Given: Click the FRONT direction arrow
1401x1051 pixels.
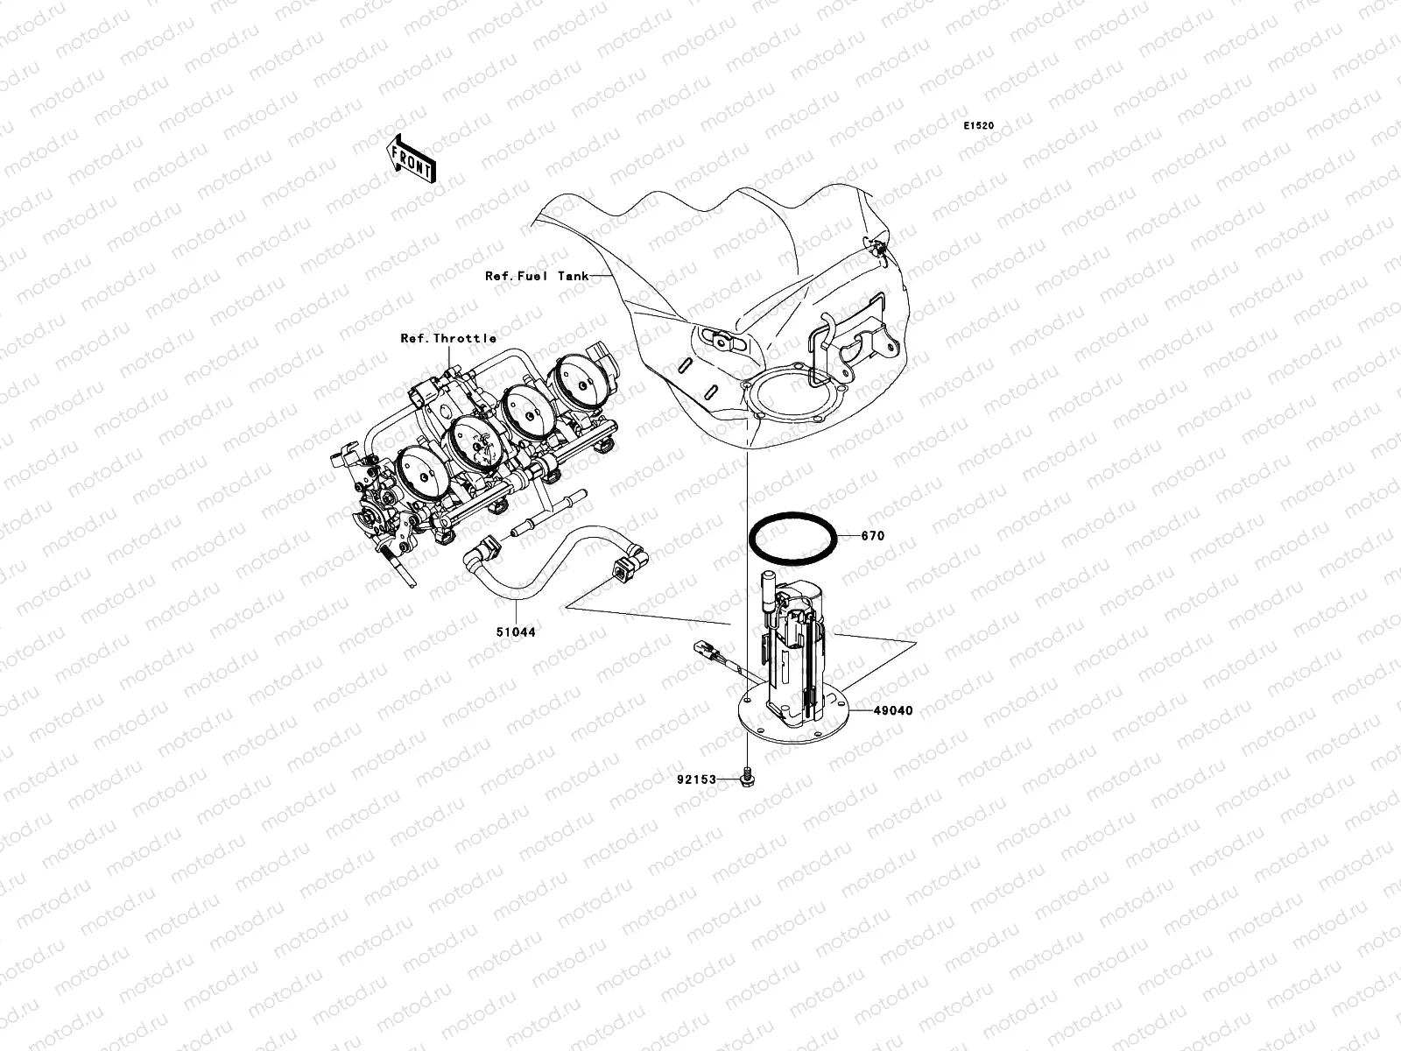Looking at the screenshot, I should [x=412, y=158].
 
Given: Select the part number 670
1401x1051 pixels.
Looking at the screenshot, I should [x=872, y=536].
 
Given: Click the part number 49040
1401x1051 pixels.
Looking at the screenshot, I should [x=891, y=711].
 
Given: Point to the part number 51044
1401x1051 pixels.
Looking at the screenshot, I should [x=517, y=631].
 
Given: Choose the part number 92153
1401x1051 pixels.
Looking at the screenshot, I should [x=696, y=779].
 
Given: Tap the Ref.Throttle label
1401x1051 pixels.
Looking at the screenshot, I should [x=448, y=338].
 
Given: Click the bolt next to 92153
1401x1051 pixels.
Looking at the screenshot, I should [x=747, y=775].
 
